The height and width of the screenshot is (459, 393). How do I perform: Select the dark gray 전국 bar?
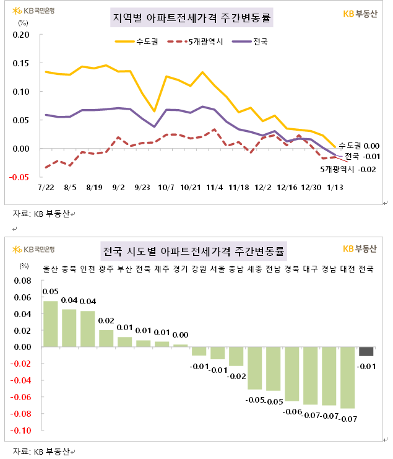[366, 351]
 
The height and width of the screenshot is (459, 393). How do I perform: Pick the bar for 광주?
[106, 338]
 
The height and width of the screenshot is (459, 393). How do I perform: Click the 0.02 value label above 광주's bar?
[106, 321]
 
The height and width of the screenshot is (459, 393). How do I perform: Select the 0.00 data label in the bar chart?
[180, 334]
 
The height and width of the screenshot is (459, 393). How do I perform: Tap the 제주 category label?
[162, 269]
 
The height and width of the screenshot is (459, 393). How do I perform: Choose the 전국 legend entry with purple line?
[250, 42]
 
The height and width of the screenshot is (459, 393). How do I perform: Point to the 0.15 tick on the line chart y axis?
[21, 63]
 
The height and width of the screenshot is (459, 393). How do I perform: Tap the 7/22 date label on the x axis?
[46, 186]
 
